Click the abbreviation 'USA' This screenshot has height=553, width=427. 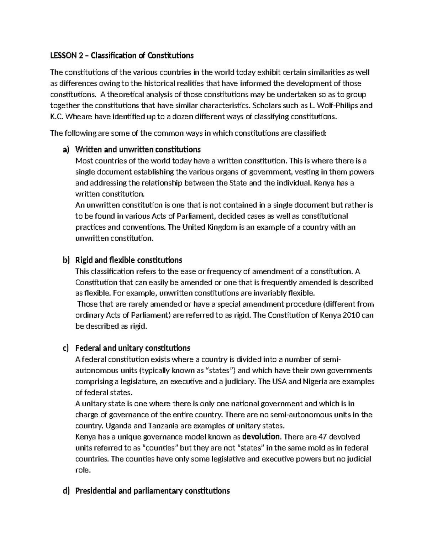(279, 381)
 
